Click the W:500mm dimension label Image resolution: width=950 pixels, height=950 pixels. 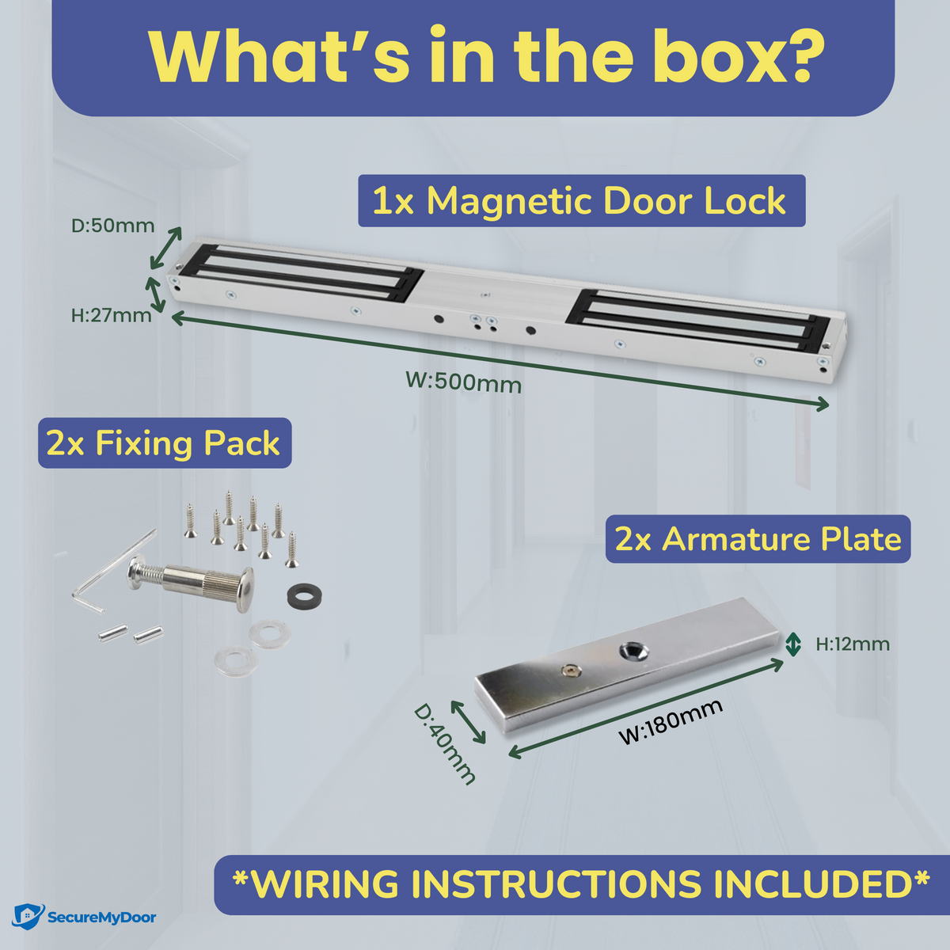463,382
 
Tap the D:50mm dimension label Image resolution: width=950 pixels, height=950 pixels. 113,226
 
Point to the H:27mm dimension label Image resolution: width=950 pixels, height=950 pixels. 112,315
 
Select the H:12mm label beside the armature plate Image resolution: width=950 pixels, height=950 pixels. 853,644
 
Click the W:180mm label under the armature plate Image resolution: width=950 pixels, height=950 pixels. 671,721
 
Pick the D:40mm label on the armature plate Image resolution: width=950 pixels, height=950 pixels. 444,744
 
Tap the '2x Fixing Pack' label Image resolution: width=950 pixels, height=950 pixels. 165,443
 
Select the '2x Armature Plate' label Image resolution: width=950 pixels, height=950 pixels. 758,539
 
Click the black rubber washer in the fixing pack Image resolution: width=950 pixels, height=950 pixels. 305,595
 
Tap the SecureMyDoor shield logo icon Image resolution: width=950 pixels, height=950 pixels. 27,917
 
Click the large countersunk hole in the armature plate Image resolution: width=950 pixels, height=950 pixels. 634,652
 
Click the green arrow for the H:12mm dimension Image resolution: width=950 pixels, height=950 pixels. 792,644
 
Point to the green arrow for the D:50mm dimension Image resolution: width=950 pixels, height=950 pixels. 166,248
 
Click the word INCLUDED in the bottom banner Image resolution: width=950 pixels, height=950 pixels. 815,883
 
